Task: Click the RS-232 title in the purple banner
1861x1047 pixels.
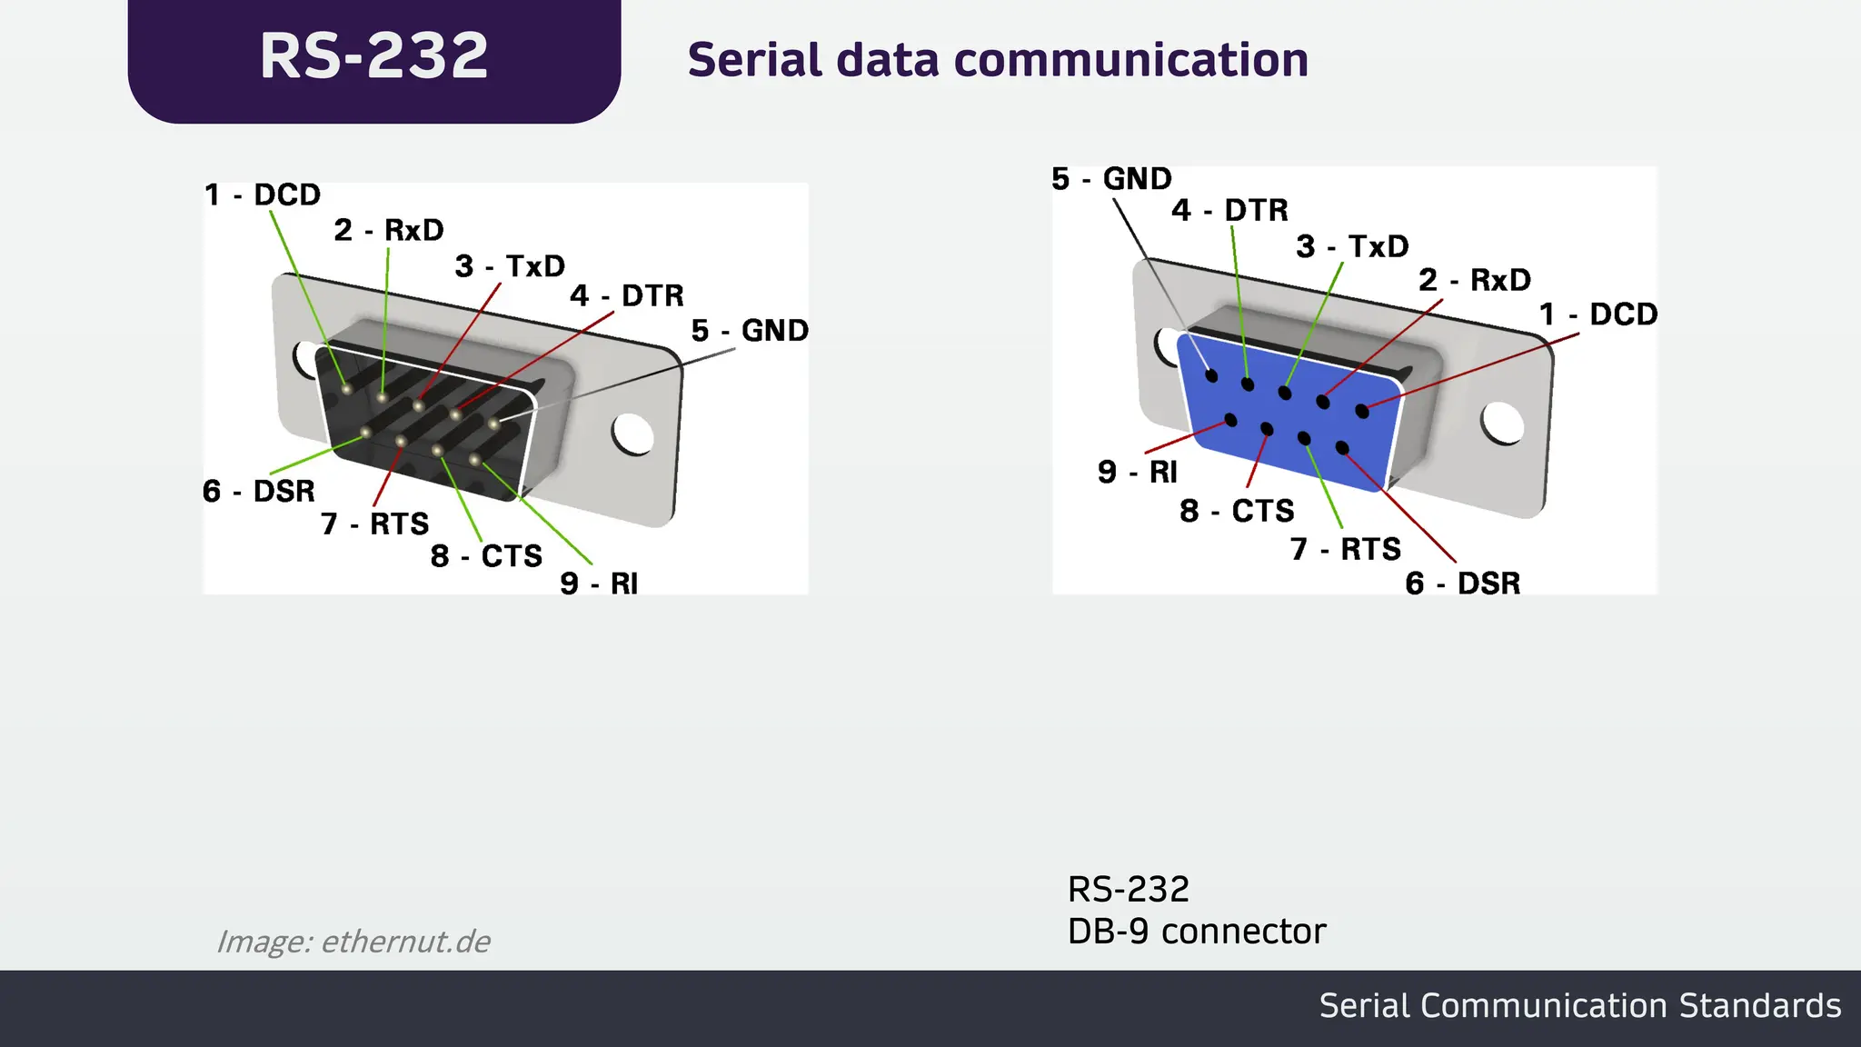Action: [373, 56]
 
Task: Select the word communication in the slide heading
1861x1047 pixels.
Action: [1130, 61]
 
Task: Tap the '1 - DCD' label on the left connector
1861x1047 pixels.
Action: [263, 194]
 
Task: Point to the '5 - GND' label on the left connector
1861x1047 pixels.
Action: [750, 331]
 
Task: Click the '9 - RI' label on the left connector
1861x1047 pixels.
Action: [599, 583]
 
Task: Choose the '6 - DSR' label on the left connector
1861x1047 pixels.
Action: [259, 491]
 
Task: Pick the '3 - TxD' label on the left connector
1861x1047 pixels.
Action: [510, 266]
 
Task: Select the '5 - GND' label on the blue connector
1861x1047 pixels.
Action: [1111, 179]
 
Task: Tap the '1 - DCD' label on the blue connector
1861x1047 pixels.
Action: [1597, 314]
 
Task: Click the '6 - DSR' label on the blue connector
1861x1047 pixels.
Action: [1462, 583]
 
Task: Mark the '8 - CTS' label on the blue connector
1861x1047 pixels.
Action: [1237, 511]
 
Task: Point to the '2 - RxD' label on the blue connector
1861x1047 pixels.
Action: [1474, 280]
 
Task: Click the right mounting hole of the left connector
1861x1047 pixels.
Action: [632, 434]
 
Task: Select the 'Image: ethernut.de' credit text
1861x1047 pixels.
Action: [353, 942]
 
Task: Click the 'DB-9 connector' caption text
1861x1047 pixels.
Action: [1197, 932]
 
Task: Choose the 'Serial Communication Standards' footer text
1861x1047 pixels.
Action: [1579, 1006]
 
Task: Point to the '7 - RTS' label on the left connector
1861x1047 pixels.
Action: [374, 524]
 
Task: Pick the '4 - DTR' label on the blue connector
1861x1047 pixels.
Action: [1229, 211]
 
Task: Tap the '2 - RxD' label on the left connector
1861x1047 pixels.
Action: [389, 231]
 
